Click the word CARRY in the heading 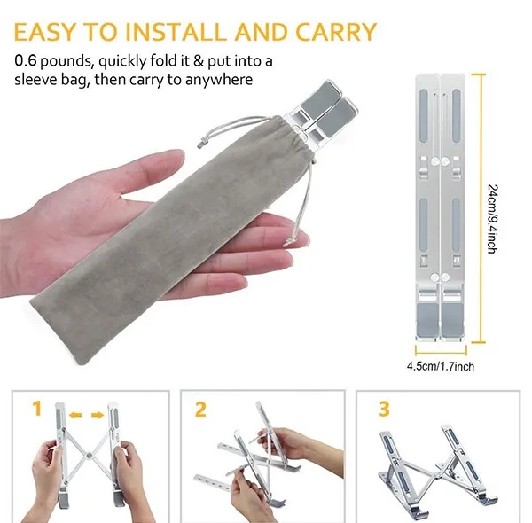(x=336, y=32)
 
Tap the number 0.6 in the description (x=25, y=61)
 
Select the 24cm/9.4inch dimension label (x=492, y=219)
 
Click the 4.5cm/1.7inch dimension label (x=441, y=366)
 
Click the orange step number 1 (x=37, y=408)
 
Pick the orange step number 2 (x=200, y=410)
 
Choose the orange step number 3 (x=384, y=409)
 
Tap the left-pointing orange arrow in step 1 (x=75, y=415)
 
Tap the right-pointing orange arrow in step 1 (x=98, y=415)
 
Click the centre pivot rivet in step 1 (x=90, y=456)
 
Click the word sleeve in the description (x=35, y=80)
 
